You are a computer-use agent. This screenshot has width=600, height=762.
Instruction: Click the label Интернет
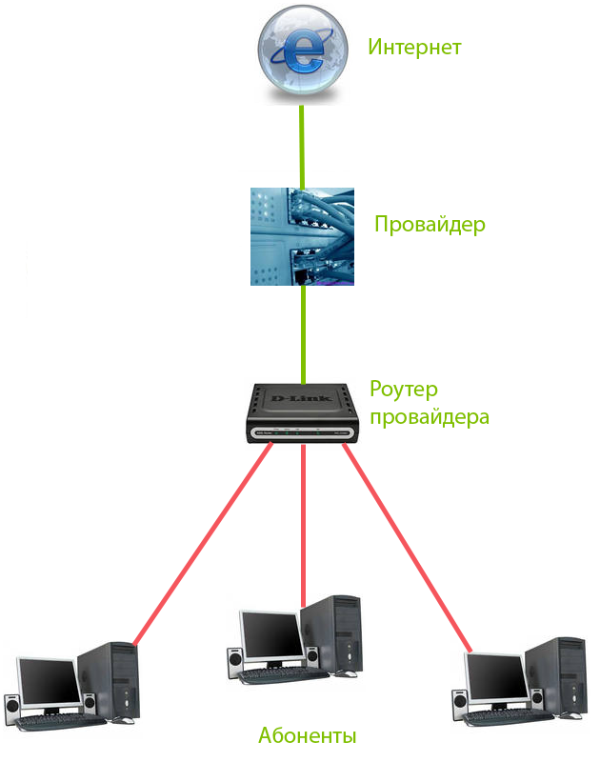coord(414,47)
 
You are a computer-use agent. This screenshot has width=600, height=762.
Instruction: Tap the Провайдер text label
coord(430,225)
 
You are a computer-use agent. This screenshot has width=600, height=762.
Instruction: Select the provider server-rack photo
coord(302,236)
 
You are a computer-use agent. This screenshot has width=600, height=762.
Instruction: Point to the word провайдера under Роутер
coord(430,417)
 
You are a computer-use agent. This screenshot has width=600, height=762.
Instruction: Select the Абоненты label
coord(307,735)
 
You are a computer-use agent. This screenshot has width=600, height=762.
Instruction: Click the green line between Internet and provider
coord(302,148)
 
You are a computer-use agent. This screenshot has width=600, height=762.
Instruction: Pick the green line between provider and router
coord(303,333)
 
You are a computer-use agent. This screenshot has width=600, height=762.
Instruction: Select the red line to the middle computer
coord(303,524)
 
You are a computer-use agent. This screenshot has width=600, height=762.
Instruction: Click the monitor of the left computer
coord(48,680)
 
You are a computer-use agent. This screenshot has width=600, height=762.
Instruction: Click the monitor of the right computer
coord(493,682)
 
